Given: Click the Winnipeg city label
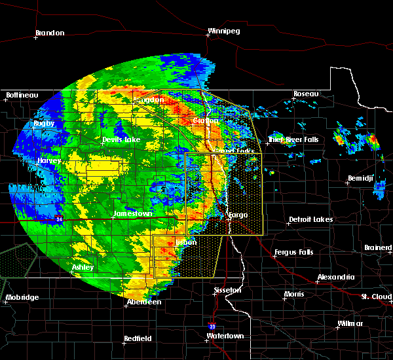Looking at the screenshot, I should tap(223, 31).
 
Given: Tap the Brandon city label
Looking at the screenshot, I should tap(50, 33).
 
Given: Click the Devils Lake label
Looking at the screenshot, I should tap(121, 140).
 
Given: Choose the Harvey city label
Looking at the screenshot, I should tap(49, 160).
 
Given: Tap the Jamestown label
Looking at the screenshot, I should tap(133, 213).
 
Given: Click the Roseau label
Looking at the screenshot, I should tap(306, 94).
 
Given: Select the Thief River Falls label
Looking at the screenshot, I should tap(293, 139).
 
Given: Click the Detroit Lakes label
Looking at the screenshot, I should tap(310, 219).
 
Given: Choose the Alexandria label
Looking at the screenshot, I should tap(336, 277).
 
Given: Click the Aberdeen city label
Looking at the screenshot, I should tap(144, 302).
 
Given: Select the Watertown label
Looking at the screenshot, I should tap(225, 336).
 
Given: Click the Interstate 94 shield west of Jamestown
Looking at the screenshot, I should tap(59, 219).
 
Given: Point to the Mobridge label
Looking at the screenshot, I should tap(22, 297).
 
